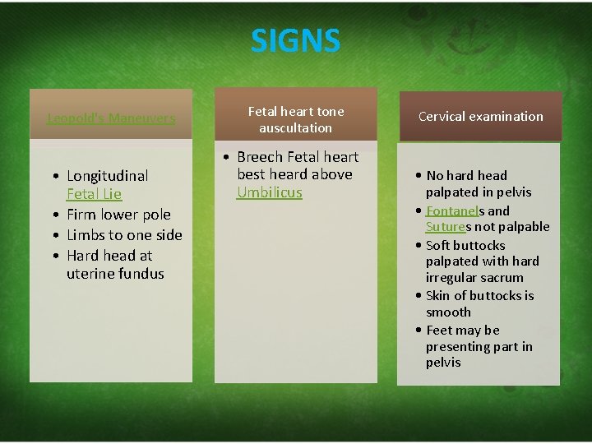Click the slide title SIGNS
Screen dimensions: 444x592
[x=295, y=39]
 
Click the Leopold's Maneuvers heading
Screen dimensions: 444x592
[x=111, y=118]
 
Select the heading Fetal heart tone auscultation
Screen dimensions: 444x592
[x=296, y=119]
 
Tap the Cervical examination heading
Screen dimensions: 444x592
[x=480, y=117]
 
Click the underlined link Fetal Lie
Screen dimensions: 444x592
[x=94, y=194]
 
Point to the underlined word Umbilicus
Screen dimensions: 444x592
[x=270, y=192]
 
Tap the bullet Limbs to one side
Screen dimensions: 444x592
[x=123, y=235]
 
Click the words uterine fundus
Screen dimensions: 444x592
[x=115, y=274]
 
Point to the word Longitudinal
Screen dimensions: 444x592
[x=107, y=175]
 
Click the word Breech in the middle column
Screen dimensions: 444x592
[x=259, y=156]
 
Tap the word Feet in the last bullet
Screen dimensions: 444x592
[x=439, y=331]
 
